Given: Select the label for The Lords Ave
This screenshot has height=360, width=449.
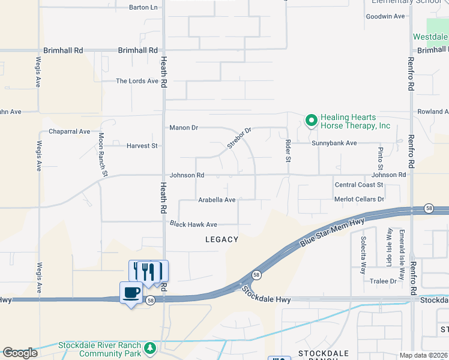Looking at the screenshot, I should pos(137,81).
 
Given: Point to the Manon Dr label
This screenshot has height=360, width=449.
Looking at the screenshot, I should pos(184,128).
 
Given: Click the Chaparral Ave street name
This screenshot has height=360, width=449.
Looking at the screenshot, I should pos(69,131).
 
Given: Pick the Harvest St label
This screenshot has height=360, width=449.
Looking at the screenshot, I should pos(142,146).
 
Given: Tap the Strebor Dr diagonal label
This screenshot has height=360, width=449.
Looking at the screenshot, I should pos(238,138).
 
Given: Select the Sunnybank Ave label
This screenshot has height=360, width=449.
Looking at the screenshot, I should pos(334,143).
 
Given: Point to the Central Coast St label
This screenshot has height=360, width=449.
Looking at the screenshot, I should pos(359,185).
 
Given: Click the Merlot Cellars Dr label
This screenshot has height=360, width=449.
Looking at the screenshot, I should pos(360,199).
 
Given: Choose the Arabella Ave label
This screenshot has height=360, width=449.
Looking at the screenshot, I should pos(217,200).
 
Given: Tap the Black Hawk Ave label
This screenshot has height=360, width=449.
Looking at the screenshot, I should pos(193,224).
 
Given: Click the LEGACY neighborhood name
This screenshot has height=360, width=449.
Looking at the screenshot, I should pos(221,239).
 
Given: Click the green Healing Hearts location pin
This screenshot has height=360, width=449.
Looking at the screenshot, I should pos(311,121).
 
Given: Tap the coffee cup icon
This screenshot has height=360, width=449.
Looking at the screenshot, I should pos(131,293).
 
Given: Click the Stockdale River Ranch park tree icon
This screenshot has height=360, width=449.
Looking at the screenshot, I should pos(149,347).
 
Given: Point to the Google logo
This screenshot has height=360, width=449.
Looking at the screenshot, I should pos(20,353).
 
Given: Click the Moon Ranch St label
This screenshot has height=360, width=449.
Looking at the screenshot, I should pos(103,155).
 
